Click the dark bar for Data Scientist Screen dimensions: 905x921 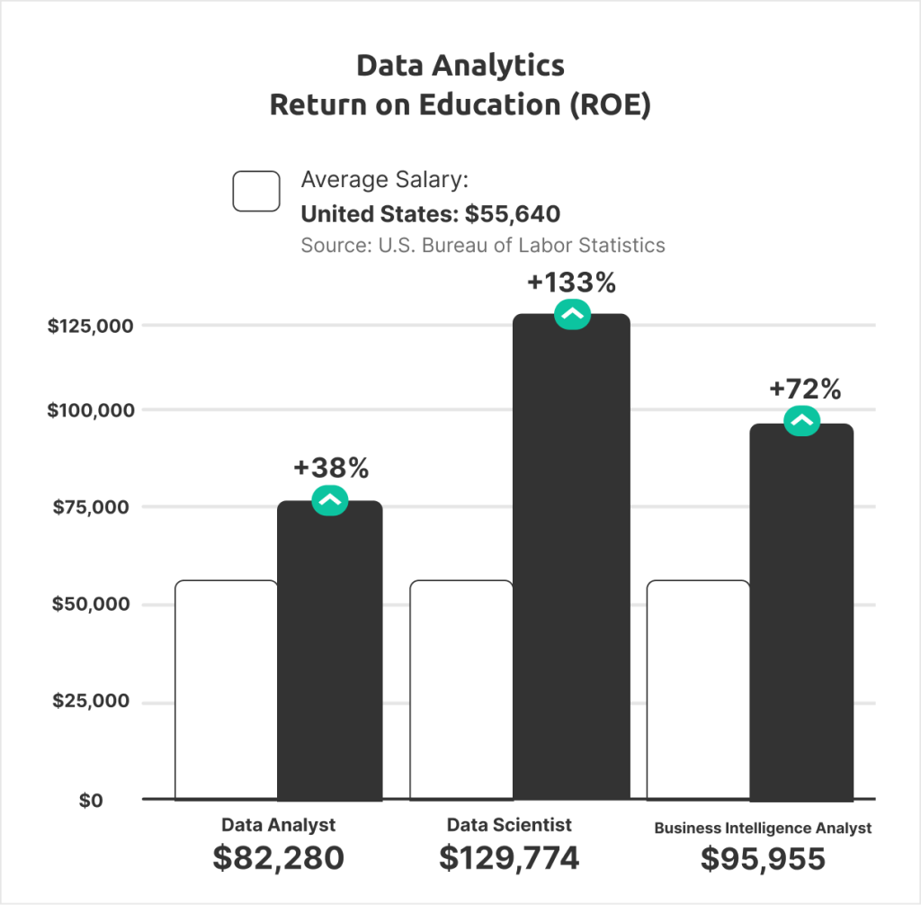pyautogui.click(x=571, y=558)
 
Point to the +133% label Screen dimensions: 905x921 pyautogui.click(x=571, y=283)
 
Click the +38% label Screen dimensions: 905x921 pyautogui.click(x=331, y=468)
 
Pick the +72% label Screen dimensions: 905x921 pyautogui.click(x=805, y=390)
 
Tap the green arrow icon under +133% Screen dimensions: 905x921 pyautogui.click(x=572, y=314)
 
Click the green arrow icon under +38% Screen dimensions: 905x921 pyautogui.click(x=329, y=500)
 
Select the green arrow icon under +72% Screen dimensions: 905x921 pyautogui.click(x=801, y=420)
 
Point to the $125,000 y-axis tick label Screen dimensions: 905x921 pyautogui.click(x=90, y=326)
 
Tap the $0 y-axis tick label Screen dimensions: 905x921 pyautogui.click(x=91, y=800)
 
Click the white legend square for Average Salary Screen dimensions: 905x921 pyautogui.click(x=256, y=191)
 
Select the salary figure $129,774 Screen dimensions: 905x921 pyautogui.click(x=509, y=858)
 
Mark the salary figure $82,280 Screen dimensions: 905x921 pyautogui.click(x=279, y=858)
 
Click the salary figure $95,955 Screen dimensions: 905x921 pyautogui.click(x=763, y=859)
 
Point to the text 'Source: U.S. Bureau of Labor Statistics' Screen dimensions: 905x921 pyautogui.click(x=483, y=245)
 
